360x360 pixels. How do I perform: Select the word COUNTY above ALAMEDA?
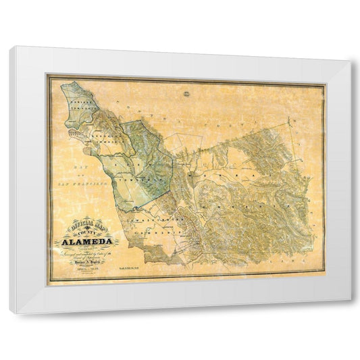click(87, 232)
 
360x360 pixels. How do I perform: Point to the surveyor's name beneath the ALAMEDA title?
click(91, 260)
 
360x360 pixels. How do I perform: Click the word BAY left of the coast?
click(72, 165)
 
